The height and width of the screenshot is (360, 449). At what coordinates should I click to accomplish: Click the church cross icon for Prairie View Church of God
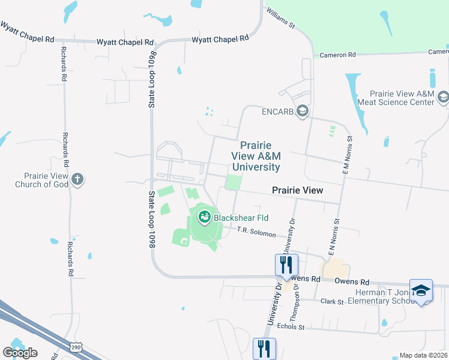coord(77,179)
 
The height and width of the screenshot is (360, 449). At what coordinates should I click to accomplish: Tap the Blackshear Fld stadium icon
coord(205,217)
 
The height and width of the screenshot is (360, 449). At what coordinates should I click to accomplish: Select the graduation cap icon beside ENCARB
coord(303,111)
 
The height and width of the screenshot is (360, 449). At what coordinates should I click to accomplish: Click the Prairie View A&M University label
coord(256,157)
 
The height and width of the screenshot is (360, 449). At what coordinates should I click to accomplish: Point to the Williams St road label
coord(281,19)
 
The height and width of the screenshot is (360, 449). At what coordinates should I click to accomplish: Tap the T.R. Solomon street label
coord(256,232)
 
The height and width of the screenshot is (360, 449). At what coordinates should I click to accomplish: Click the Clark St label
coord(332,301)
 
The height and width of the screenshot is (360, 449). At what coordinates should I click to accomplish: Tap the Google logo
coord(20,353)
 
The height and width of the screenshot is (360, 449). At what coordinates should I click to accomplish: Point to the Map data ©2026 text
coord(424,355)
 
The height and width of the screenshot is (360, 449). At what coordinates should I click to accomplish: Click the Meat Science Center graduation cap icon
coord(443,97)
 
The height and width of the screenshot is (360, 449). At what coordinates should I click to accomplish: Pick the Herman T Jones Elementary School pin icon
coord(421,290)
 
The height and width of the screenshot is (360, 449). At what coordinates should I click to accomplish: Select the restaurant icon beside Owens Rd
coord(286,264)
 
